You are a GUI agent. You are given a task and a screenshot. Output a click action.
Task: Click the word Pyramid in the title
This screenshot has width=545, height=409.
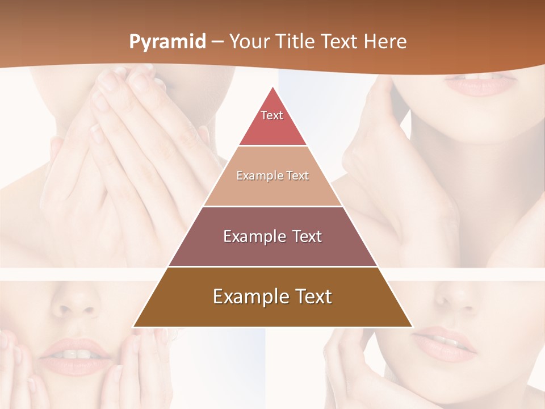point(167,42)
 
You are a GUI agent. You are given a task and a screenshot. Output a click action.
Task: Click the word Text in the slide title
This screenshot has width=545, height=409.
point(340,41)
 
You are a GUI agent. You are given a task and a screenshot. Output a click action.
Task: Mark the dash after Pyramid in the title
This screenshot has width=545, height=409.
point(217,42)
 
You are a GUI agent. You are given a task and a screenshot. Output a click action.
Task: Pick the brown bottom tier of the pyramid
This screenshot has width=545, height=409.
point(272,312)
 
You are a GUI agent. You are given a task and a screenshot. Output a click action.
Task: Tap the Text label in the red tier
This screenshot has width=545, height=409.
point(272,115)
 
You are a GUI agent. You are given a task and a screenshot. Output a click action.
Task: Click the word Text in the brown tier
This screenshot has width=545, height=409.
point(312,297)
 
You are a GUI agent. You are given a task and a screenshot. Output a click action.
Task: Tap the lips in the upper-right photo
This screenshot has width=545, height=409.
point(480,85)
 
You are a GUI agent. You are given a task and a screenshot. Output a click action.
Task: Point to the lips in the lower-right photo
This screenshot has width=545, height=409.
point(446,343)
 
